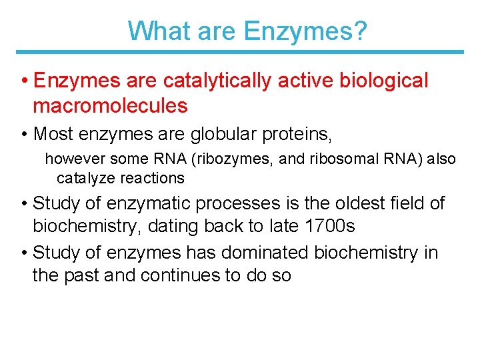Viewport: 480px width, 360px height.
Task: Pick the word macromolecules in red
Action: pyautogui.click(x=110, y=105)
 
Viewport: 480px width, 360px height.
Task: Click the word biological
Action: pyautogui.click(x=384, y=81)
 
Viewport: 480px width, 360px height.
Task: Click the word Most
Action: pyautogui.click(x=53, y=134)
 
